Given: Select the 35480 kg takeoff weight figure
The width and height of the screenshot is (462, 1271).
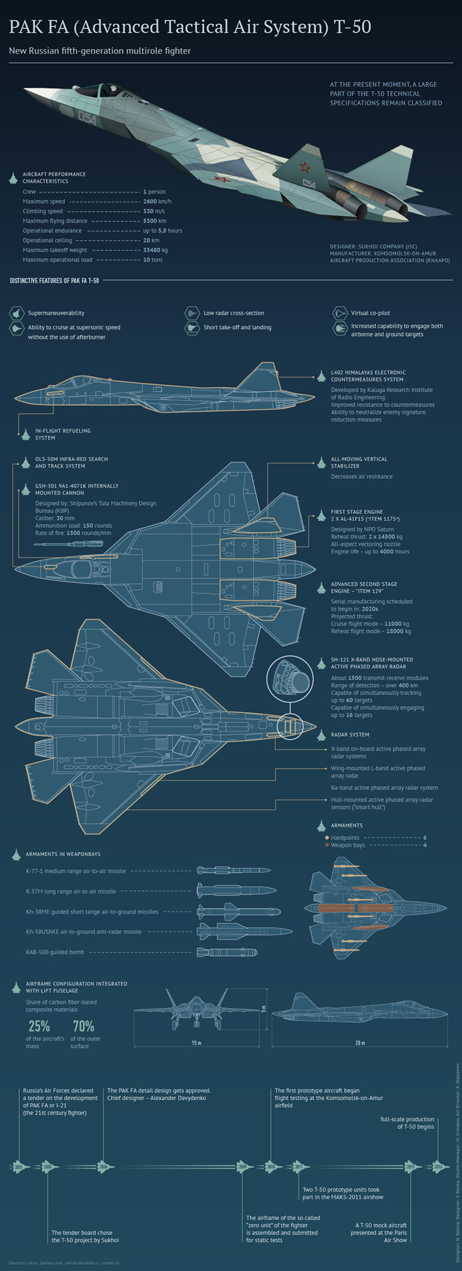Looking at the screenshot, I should click(x=155, y=250).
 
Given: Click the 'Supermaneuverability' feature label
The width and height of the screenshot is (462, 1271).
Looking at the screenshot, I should click(x=56, y=313).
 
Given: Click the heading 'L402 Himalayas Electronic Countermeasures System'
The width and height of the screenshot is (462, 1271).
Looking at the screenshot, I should click(x=368, y=376).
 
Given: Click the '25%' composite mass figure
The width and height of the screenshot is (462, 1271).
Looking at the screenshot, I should click(x=39, y=1025).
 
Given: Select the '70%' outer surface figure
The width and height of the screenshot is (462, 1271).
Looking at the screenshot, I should click(x=83, y=1025).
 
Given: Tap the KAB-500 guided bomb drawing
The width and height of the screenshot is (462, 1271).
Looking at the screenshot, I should click(x=227, y=952).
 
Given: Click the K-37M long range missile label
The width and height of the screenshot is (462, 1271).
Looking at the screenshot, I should click(x=71, y=891).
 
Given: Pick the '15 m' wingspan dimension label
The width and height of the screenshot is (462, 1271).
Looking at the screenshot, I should click(x=196, y=1043).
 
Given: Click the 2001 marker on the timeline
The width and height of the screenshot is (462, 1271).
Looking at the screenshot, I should click(x=19, y=1167).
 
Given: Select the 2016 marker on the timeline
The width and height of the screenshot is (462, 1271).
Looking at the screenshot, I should click(x=439, y=1167).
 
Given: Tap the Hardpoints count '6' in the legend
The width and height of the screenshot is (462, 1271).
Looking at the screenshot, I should click(x=425, y=838).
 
